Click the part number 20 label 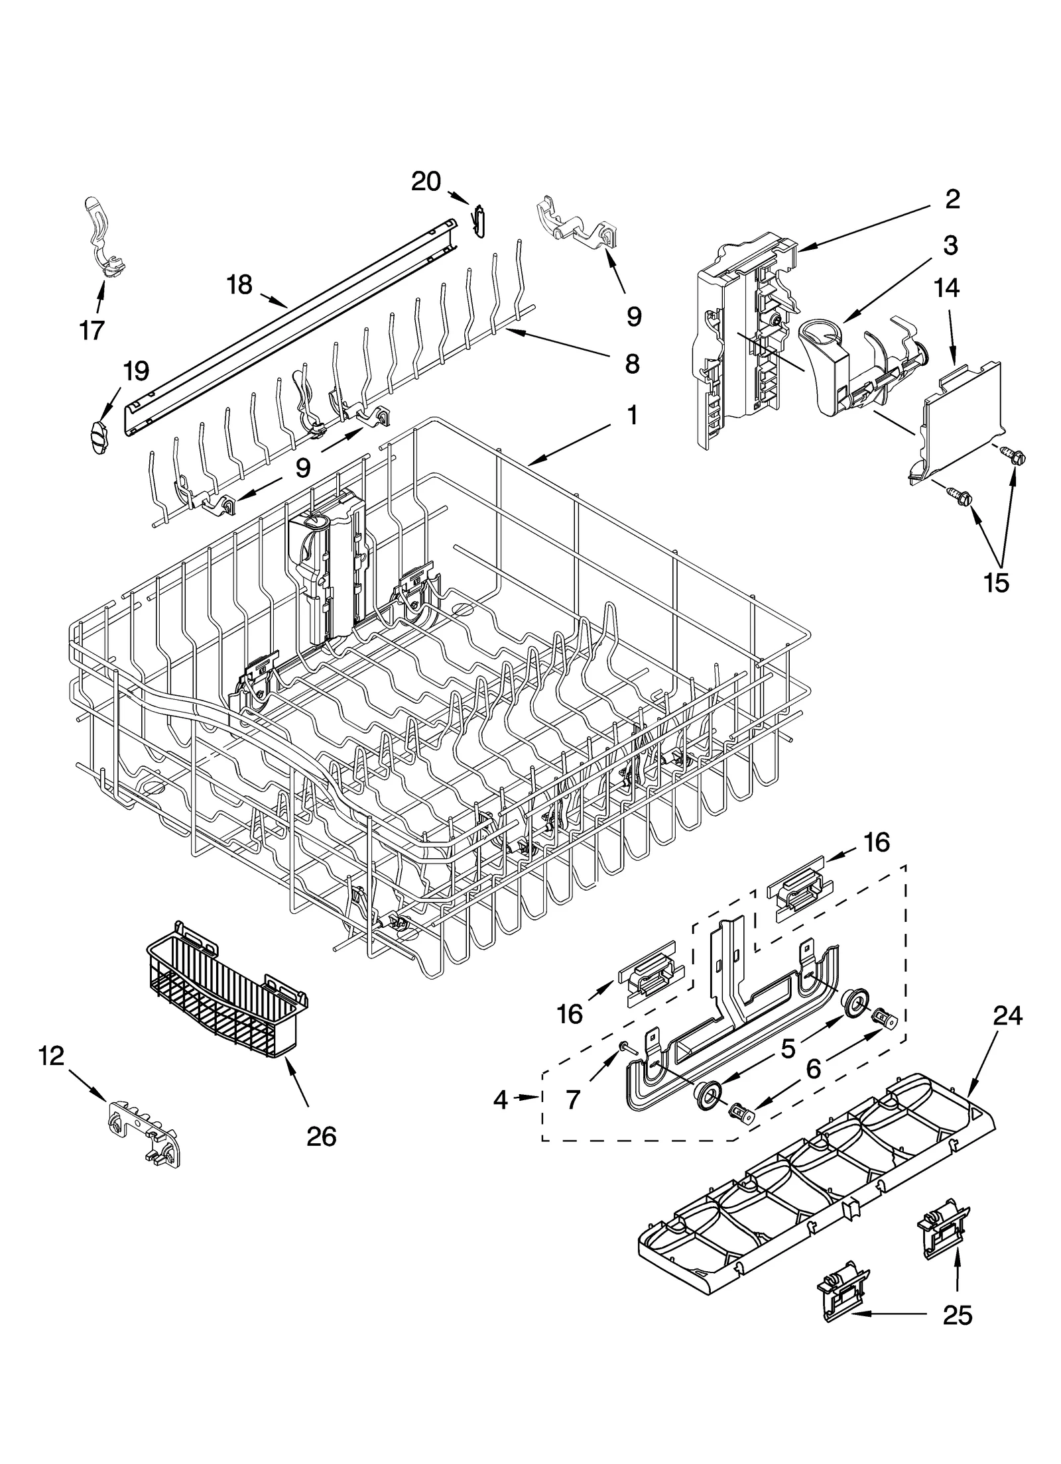pyautogui.click(x=426, y=181)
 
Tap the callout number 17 pyautogui.click(x=92, y=329)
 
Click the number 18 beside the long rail pyautogui.click(x=239, y=285)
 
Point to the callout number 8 pyautogui.click(x=631, y=363)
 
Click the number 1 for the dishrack pyautogui.click(x=631, y=416)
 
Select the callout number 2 pyautogui.click(x=952, y=199)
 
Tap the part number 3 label pyautogui.click(x=950, y=246)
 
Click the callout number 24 pyautogui.click(x=1007, y=1016)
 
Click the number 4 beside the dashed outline pyautogui.click(x=501, y=1101)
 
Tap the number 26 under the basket pyautogui.click(x=321, y=1137)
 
